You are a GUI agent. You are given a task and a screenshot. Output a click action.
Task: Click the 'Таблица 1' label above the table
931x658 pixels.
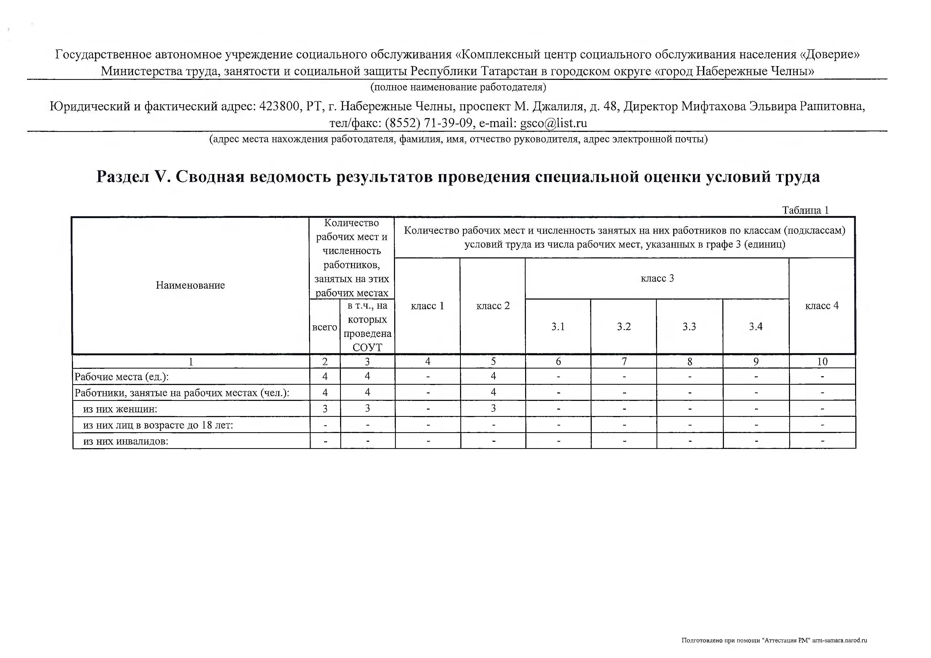pyautogui.click(x=805, y=210)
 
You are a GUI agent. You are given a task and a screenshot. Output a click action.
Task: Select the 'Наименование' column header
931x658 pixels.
pyautogui.click(x=190, y=285)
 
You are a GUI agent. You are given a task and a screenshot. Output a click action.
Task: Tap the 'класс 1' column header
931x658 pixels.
pyautogui.click(x=427, y=306)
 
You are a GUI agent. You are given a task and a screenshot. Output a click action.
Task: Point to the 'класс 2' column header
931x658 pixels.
pyautogui.click(x=493, y=306)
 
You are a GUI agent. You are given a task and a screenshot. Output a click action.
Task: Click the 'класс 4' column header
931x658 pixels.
pyautogui.click(x=822, y=306)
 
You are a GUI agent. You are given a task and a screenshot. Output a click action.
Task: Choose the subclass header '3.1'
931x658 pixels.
pyautogui.click(x=558, y=327)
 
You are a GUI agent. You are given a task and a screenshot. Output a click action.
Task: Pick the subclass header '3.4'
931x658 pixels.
pyautogui.click(x=756, y=327)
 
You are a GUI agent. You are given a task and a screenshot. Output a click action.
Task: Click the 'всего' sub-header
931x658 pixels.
pyautogui.click(x=325, y=327)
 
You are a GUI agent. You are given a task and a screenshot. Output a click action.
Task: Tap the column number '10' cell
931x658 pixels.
pyautogui.click(x=822, y=361)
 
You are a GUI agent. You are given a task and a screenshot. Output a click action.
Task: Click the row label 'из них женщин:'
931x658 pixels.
pyautogui.click(x=120, y=409)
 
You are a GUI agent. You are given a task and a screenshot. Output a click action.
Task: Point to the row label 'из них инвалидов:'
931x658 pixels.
pyautogui.click(x=126, y=441)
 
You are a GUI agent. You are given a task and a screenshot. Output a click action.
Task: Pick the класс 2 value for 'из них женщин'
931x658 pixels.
pyautogui.click(x=493, y=408)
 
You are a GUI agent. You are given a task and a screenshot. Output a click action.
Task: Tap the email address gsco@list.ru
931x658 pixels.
pyautogui.click(x=554, y=123)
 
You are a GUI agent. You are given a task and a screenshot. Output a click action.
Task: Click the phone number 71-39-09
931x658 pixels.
pyautogui.click(x=448, y=123)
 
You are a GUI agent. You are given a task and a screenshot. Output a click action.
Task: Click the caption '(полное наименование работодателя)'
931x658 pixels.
pyautogui.click(x=458, y=87)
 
